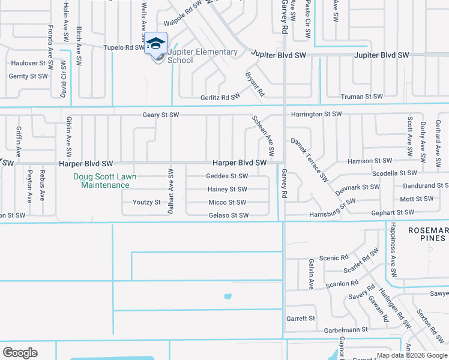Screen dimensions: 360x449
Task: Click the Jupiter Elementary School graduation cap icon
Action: click(155, 44)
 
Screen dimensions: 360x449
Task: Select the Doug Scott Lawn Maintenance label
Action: click(105, 181)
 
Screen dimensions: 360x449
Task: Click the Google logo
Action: click(20, 353)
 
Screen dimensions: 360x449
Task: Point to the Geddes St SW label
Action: click(227, 176)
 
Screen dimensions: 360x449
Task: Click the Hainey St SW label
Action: click(228, 189)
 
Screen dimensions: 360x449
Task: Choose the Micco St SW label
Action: click(228, 202)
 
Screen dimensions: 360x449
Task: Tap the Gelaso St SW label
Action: click(228, 215)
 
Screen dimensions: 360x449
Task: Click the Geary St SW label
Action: click(161, 115)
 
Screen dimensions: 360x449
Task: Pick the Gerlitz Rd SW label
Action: click(220, 97)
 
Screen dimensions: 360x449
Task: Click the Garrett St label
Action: click(301, 319)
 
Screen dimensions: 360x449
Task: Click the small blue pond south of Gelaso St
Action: click(228, 296)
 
